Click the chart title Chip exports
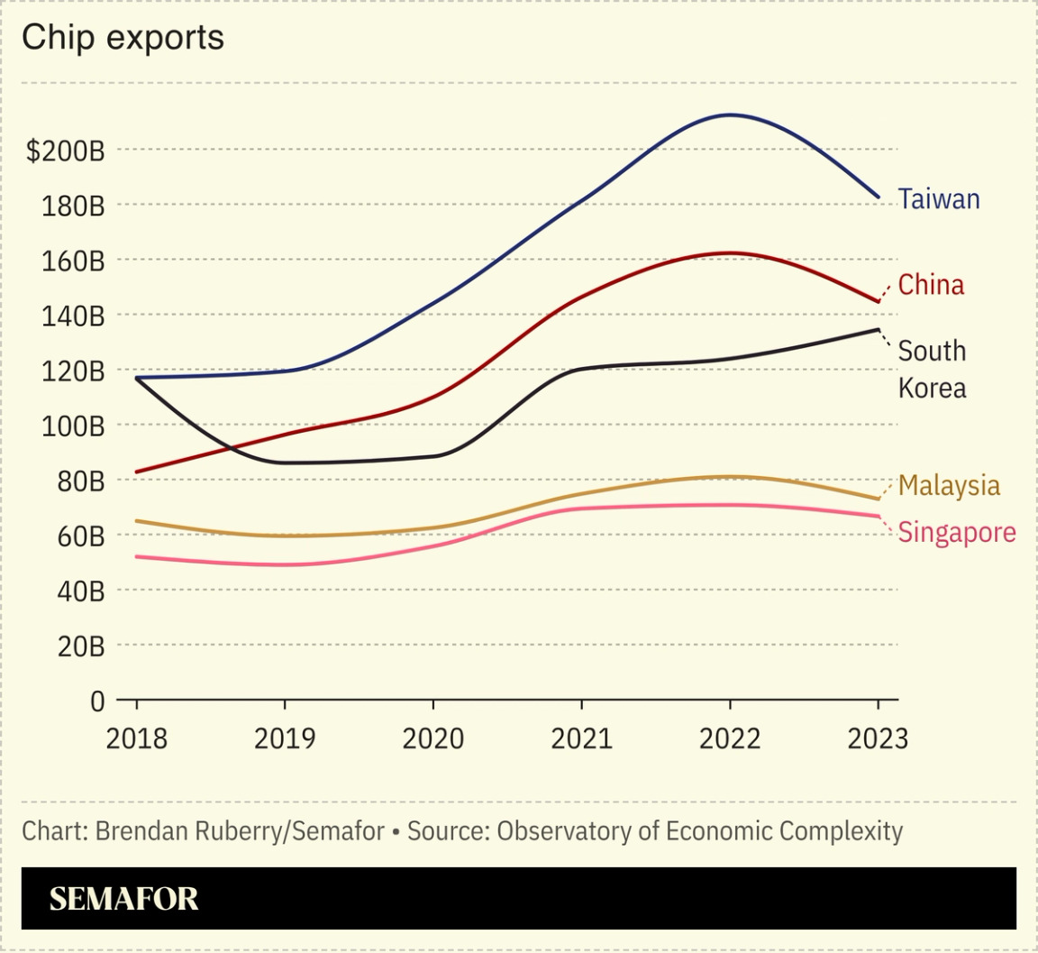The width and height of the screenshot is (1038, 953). [123, 38]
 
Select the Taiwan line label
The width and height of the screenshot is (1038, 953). [939, 199]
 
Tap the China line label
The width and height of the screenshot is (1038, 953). [931, 285]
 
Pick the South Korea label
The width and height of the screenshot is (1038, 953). [932, 369]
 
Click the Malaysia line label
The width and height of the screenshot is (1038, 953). [949, 485]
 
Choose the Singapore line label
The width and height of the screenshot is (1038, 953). [956, 532]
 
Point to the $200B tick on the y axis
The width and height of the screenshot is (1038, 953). [65, 151]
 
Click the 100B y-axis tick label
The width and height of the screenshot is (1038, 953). [71, 426]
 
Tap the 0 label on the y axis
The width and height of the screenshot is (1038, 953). [97, 701]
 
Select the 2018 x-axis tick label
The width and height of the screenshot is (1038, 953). [137, 739]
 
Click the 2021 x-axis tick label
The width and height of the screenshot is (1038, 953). [581, 739]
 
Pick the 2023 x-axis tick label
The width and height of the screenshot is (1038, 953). [878, 739]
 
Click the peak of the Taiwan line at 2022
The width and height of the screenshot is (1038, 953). [730, 115]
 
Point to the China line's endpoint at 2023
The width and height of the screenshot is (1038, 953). [878, 301]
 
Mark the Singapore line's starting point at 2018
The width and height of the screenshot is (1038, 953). [137, 556]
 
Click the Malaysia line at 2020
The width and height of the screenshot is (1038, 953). [433, 527]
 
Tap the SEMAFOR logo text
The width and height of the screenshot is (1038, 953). [123, 899]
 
